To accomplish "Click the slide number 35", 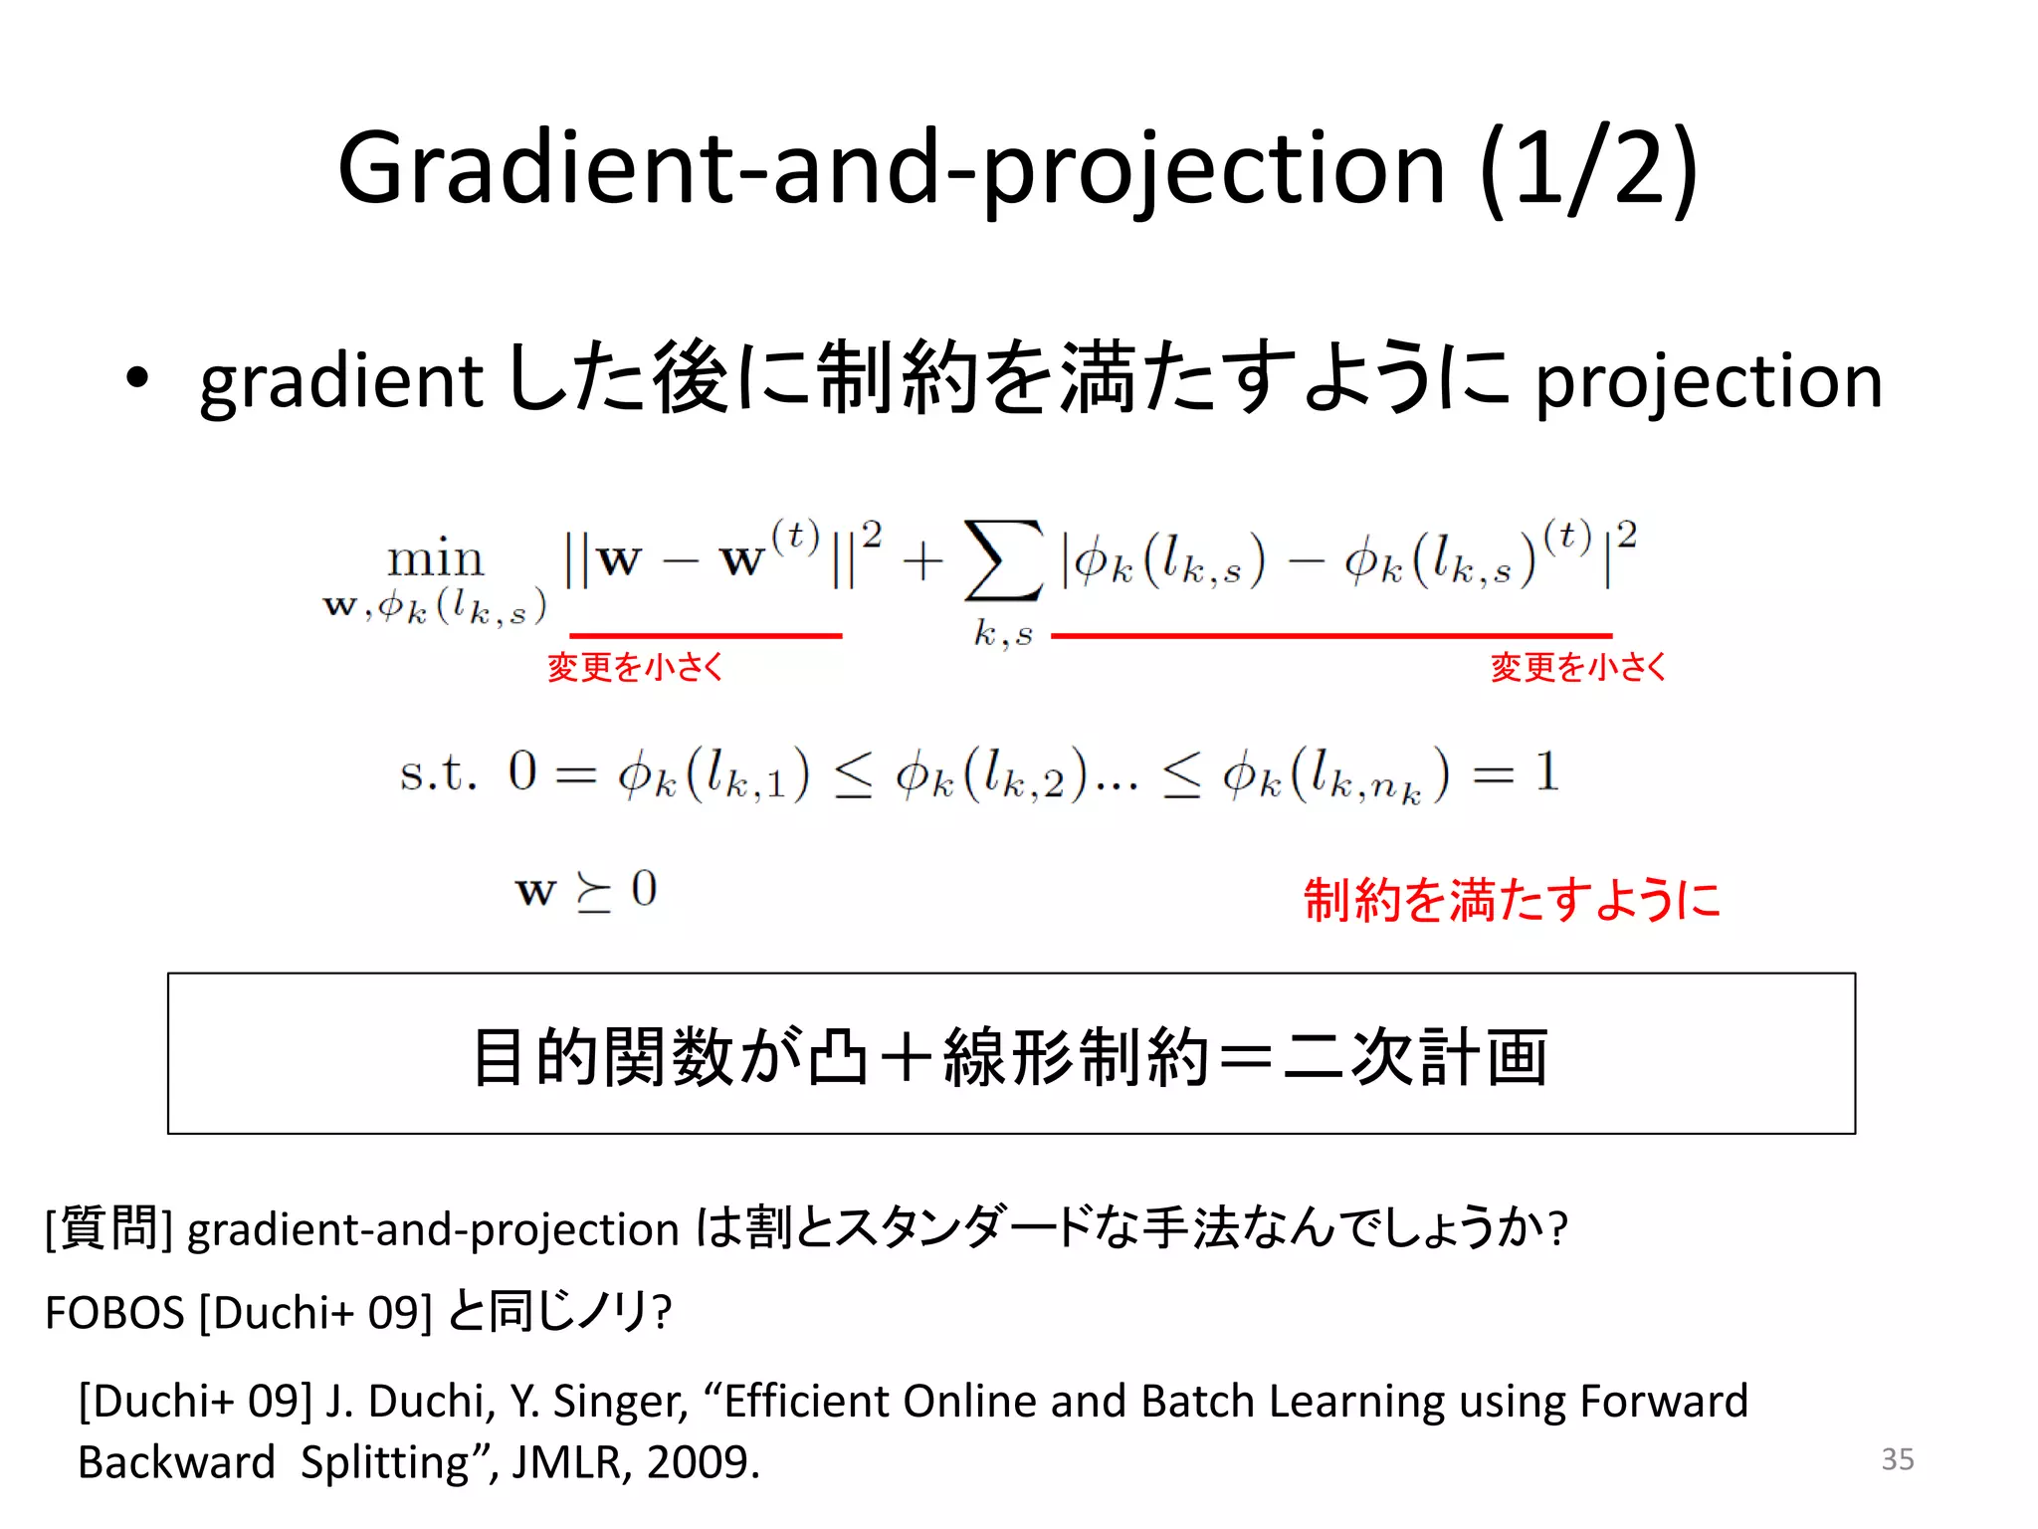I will click(1897, 1459).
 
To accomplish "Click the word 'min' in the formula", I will click(435, 558).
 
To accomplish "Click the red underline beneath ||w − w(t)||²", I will click(706, 635).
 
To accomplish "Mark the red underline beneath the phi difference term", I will click(1330, 635).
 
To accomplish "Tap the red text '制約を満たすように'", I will click(1512, 900).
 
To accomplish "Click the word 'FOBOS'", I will click(114, 1313).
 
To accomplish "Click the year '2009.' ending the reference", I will click(703, 1462).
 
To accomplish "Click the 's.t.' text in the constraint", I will click(438, 773).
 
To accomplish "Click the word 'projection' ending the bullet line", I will click(1709, 380).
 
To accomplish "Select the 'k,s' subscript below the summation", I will click(1003, 633).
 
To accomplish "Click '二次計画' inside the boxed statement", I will click(1415, 1056).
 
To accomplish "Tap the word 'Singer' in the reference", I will click(620, 1402).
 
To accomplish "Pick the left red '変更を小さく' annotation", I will click(635, 667).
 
